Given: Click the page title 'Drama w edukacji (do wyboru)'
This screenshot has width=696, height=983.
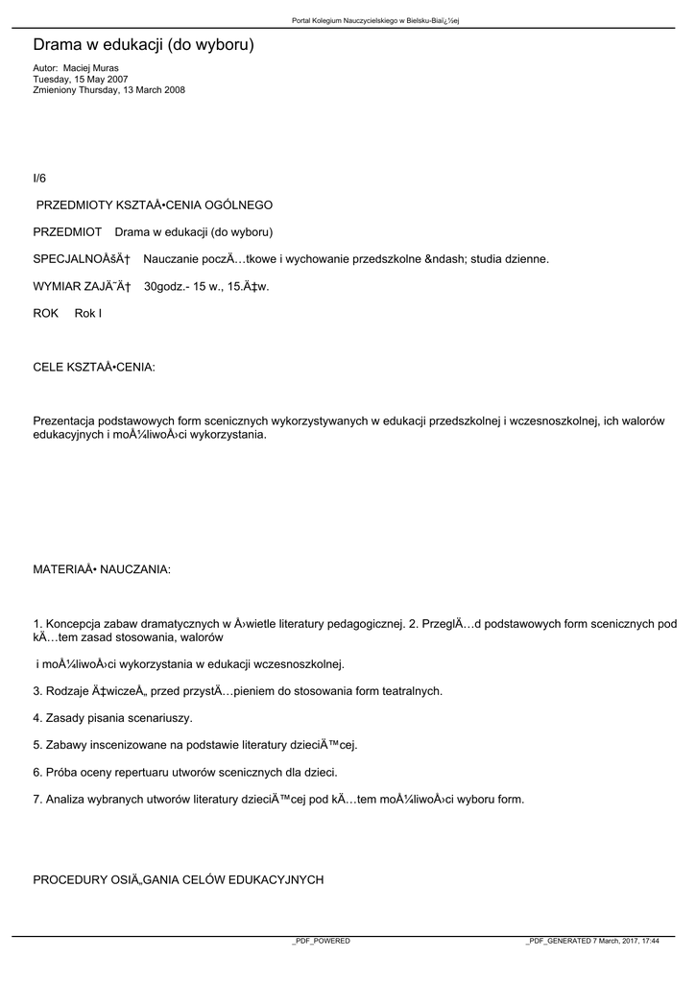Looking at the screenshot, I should pos(143,45).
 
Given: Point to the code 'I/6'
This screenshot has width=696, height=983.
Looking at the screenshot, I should pos(39,179).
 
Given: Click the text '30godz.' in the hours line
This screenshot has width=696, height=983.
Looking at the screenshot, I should pos(163,286).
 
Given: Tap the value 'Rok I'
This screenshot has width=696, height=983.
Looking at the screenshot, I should pos(88,314).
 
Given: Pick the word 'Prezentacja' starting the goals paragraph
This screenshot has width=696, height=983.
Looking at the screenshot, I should pos(62,421).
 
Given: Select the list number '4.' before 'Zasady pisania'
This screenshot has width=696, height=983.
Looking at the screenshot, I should pos(37,718).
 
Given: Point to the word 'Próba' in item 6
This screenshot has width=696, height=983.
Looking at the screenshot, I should pos(61,772).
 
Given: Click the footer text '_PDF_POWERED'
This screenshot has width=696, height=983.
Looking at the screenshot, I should pos(321,942).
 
